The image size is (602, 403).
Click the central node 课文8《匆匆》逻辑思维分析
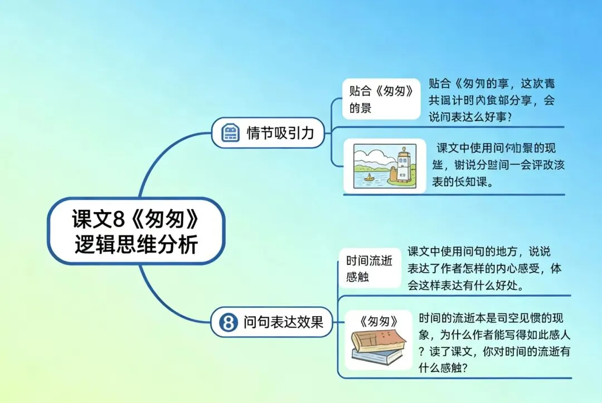coord(136,231)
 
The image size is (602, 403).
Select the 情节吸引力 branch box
coord(268,133)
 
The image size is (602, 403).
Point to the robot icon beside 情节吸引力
coord(230,134)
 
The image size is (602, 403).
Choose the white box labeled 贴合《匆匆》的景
coord(381,99)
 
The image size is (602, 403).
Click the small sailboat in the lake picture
coord(368,178)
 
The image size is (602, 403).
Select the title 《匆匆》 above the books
coord(379,321)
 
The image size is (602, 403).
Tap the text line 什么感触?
coord(443,368)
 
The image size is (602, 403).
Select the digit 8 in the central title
coord(116,219)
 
